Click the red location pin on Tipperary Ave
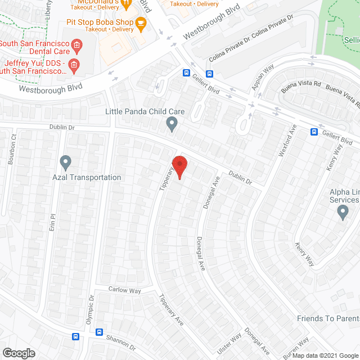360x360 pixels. pos(179,167)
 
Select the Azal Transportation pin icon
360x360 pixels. pos(65,163)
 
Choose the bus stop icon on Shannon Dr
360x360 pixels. pos(100,332)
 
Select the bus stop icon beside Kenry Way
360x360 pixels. pos(314,132)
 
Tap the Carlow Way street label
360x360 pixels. pos(125,290)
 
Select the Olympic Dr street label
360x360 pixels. pos(90,309)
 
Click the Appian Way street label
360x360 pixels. pos(263,75)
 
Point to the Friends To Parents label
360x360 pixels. pos(328,319)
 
